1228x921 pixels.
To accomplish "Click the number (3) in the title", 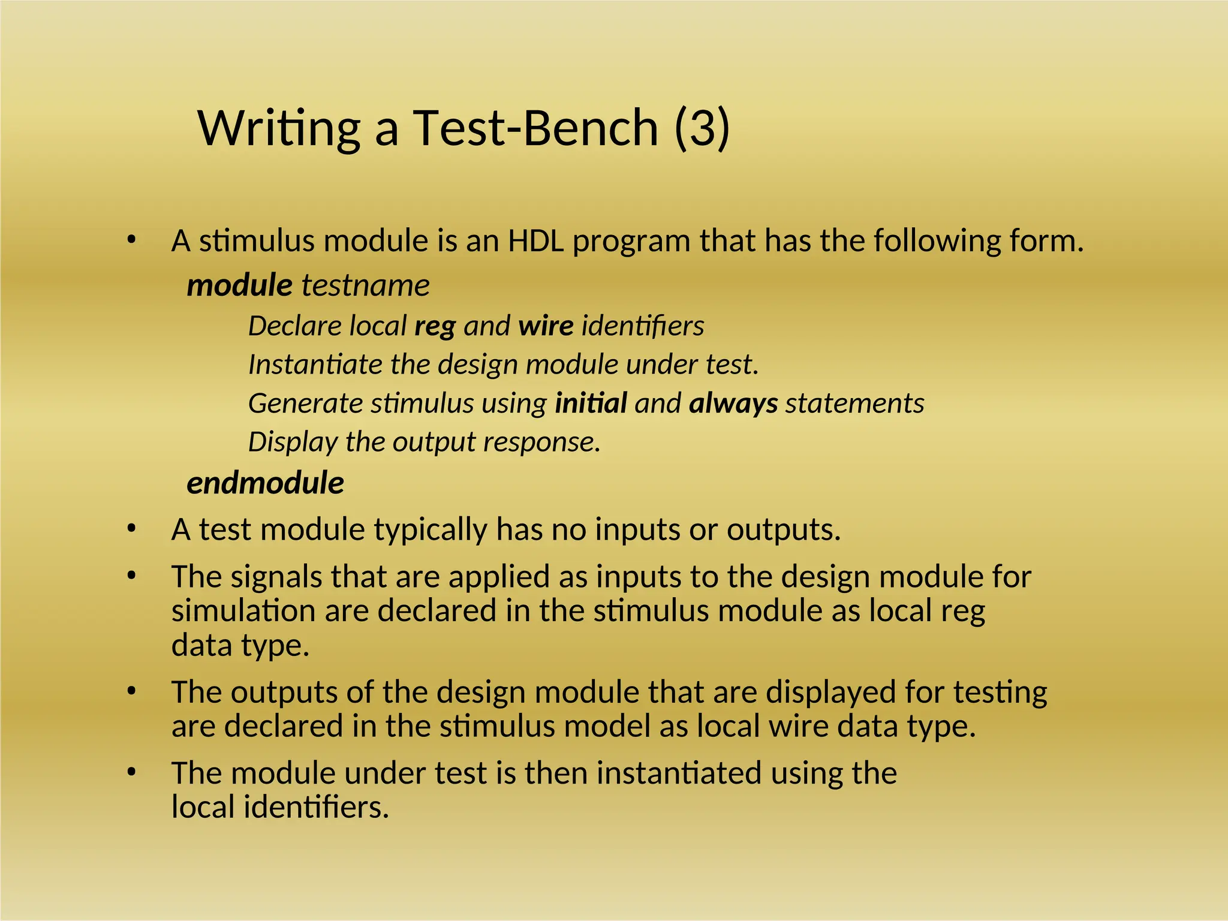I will (702, 128).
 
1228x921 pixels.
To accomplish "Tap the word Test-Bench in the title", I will (535, 128).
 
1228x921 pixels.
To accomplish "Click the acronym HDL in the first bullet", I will (536, 241).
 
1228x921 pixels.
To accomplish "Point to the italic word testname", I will (365, 285).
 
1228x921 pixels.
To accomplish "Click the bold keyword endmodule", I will (265, 483).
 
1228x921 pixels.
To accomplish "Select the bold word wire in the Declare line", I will (546, 326).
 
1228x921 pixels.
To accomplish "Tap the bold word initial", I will (591, 403).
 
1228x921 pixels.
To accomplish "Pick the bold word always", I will (733, 403).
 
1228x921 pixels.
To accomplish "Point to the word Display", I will (293, 442).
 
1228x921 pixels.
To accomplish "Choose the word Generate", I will (305, 403).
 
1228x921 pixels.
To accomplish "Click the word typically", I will (430, 530).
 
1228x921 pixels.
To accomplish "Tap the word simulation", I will (243, 611).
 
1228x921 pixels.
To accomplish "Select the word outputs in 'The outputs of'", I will (283, 692).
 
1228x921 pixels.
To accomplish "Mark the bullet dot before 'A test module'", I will (132, 529).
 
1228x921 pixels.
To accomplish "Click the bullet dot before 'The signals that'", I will (132, 576).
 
